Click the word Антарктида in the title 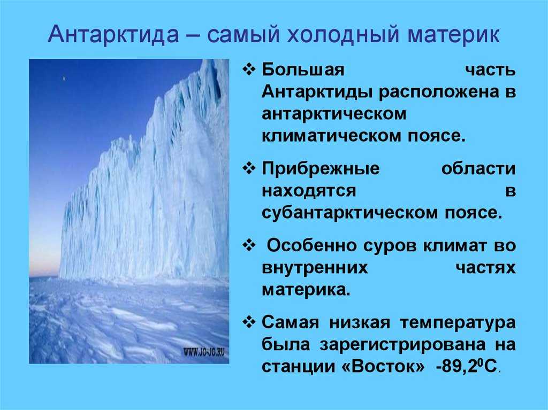click(113, 35)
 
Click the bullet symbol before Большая click(249, 69)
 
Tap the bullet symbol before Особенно click(249, 245)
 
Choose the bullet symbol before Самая click(249, 322)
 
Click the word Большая click(303, 70)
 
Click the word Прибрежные click(321, 169)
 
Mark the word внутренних click(315, 268)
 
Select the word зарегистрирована click(402, 345)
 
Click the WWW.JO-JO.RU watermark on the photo click(204, 352)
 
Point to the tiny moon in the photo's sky click(64, 79)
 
